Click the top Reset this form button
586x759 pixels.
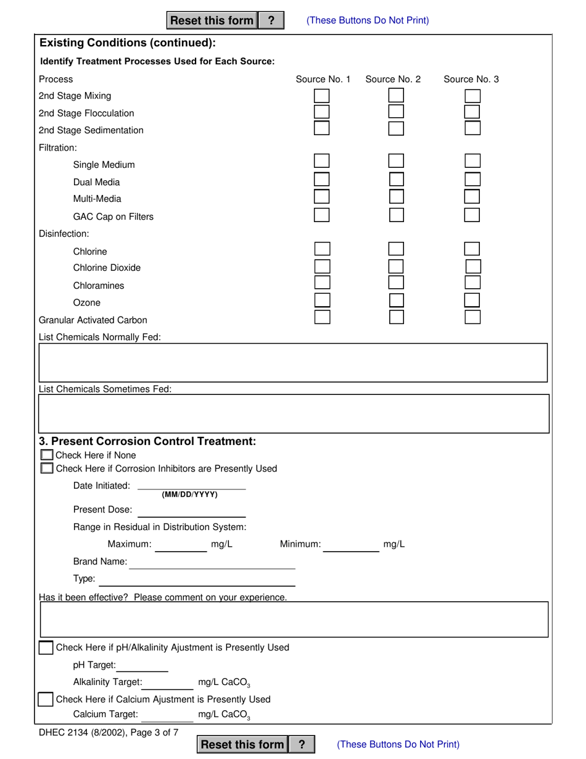click(212, 20)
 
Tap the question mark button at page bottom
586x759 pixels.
click(302, 744)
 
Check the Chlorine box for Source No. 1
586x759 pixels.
click(322, 249)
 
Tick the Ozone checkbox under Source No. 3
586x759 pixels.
click(472, 301)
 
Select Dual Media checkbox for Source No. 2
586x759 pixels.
click(396, 180)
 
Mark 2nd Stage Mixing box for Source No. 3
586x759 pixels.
click(472, 96)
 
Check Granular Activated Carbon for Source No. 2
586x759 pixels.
click(396, 317)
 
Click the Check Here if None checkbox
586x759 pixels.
click(46, 455)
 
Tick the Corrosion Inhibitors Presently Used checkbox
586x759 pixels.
click(46, 468)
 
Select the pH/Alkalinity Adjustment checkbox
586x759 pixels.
click(46, 648)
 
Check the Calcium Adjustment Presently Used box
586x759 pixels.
click(45, 699)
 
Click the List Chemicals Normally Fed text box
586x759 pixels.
click(293, 362)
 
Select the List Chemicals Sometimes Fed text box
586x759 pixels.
click(293, 413)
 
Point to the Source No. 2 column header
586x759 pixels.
click(393, 79)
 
